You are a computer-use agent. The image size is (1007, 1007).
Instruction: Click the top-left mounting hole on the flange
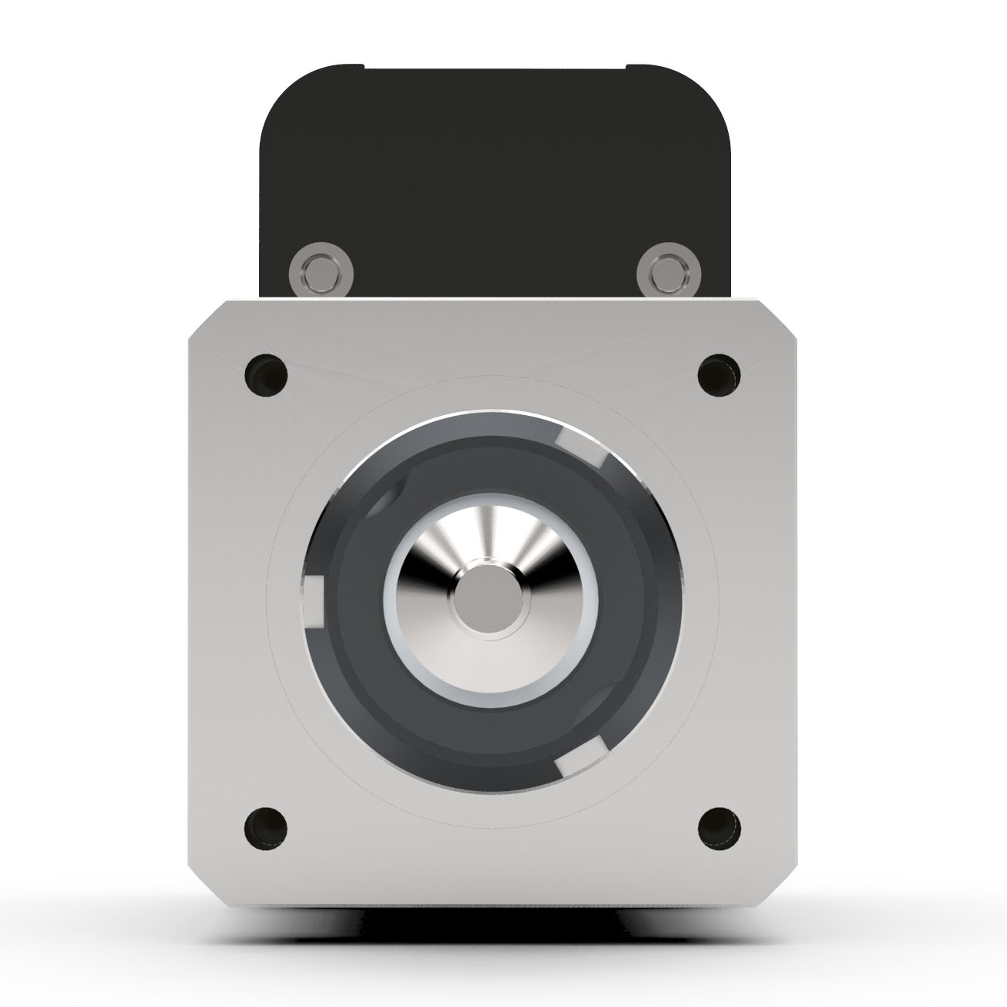tap(266, 376)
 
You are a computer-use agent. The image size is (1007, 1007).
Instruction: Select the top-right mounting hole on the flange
tap(719, 376)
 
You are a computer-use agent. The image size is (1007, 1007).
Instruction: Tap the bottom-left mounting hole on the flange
tap(266, 828)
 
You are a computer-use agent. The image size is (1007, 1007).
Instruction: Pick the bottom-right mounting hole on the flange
tap(719, 828)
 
